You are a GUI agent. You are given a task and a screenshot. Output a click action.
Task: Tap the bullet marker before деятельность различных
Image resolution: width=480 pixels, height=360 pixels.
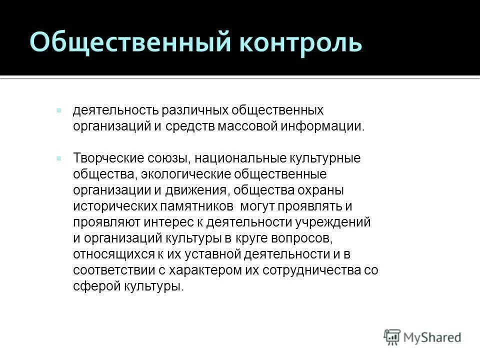pyautogui.click(x=59, y=109)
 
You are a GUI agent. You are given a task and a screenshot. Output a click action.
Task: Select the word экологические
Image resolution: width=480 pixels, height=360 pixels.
pyautogui.click(x=189, y=174)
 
